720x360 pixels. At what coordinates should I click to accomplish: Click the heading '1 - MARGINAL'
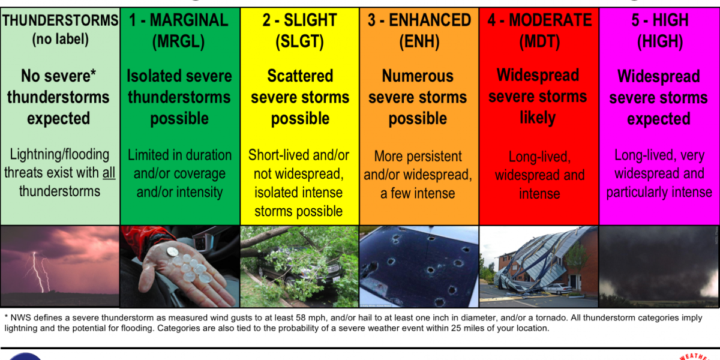pyautogui.click(x=179, y=20)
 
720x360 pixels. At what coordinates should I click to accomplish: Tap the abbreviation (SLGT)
pyautogui.click(x=299, y=41)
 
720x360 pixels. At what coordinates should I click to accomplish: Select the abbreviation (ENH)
pyautogui.click(x=419, y=41)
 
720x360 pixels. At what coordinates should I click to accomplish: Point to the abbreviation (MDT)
pyautogui.click(x=539, y=41)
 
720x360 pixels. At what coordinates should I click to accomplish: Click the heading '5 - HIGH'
pyautogui.click(x=660, y=20)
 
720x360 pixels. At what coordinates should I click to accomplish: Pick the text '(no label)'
pyautogui.click(x=60, y=39)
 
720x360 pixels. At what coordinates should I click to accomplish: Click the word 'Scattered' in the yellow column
pyautogui.click(x=300, y=76)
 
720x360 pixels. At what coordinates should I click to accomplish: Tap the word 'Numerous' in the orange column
pyautogui.click(x=418, y=76)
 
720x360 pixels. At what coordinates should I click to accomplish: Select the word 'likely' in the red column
pyautogui.click(x=538, y=118)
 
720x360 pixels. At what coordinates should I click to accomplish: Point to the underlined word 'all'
pyautogui.click(x=109, y=173)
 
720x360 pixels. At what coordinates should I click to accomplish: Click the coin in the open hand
pyautogui.click(x=173, y=251)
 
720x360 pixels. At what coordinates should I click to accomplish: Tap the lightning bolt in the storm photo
pyautogui.click(x=39, y=272)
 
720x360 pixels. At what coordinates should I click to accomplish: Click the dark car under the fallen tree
pyautogui.click(x=299, y=268)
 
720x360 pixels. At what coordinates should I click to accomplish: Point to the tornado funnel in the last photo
pyautogui.click(x=659, y=267)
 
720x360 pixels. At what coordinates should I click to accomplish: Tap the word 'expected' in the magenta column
pyautogui.click(x=659, y=119)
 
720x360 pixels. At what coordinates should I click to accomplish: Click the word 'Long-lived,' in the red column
pyautogui.click(x=539, y=157)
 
